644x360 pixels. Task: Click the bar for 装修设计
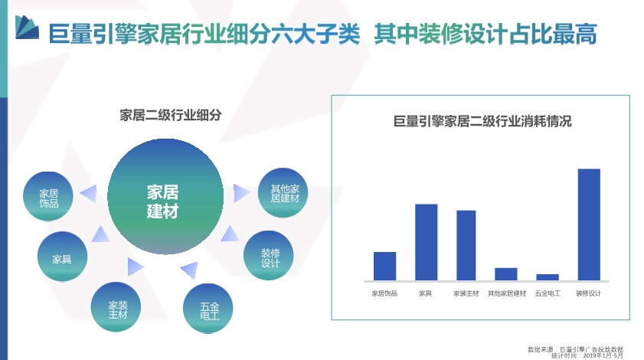point(589,224)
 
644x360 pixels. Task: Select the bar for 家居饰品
point(384,267)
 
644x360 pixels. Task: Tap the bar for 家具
point(426,243)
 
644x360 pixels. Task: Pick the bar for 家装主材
point(466,246)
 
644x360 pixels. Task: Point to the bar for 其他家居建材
point(506,274)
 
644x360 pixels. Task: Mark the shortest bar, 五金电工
point(548,277)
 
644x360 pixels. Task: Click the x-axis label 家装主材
point(466,293)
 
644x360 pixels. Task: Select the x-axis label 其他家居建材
point(507,293)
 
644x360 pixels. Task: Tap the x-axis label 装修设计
point(588,293)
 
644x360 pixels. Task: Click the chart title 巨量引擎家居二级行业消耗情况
point(482,121)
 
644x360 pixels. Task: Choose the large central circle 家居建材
point(165,196)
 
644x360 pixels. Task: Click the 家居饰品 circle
point(48,196)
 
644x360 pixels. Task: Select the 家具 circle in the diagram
point(62,257)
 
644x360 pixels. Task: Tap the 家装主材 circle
point(116,307)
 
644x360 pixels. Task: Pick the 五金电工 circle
point(208,309)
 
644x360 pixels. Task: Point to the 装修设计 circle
point(268,256)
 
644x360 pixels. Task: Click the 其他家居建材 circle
point(283,193)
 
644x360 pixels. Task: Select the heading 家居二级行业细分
point(171,115)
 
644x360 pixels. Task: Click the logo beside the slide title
point(27,28)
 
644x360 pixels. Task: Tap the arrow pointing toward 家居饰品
point(90,193)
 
